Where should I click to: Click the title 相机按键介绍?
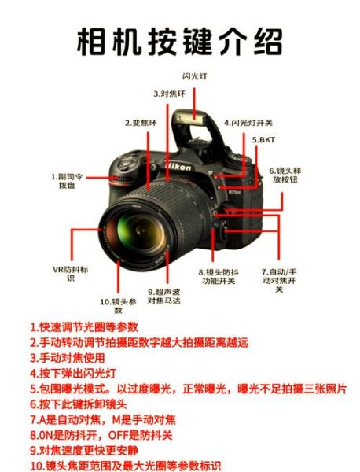[180, 41]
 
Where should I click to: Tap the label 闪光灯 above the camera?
[194, 76]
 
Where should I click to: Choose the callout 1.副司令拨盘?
[64, 180]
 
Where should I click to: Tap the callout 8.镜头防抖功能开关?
[219, 275]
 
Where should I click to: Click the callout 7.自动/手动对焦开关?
[280, 280]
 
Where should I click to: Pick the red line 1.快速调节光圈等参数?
[84, 326]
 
